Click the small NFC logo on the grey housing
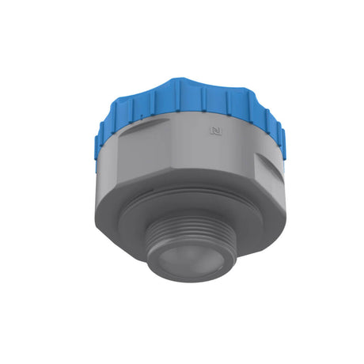click(214, 130)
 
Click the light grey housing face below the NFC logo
click(214, 154)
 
